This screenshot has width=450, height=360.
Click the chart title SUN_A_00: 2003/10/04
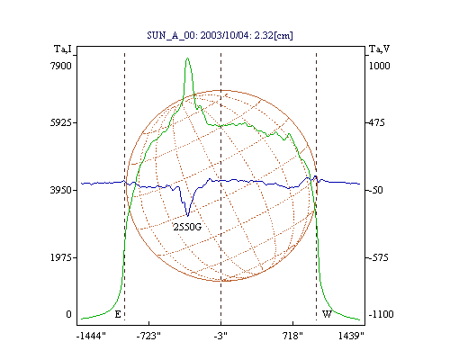pos(198,35)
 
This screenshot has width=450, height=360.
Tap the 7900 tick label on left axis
pos(61,66)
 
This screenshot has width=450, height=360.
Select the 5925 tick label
pos(61,122)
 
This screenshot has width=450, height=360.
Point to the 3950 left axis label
pos(61,190)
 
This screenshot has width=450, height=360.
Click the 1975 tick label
pos(61,257)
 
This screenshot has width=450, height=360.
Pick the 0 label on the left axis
pos(68,314)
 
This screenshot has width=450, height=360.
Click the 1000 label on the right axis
pos(379,66)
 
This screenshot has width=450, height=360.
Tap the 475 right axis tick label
pos(376,122)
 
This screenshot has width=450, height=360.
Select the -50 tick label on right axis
pos(375,190)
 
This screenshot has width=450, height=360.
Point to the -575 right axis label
pos(378,257)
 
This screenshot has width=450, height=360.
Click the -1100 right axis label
pos(381,314)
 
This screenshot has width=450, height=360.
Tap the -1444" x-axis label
pos(91,336)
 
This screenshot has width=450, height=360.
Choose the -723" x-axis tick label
pos(148,336)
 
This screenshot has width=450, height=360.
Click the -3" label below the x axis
pos(220,336)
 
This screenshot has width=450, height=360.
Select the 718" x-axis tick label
pos(292,336)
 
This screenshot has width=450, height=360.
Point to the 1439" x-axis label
pos(351,336)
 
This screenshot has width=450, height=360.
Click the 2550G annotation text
pos(187,227)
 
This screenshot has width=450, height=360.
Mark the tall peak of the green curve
pos(187,58)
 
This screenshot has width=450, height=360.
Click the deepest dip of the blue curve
pos(188,216)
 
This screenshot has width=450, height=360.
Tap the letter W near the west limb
pos(327,314)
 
